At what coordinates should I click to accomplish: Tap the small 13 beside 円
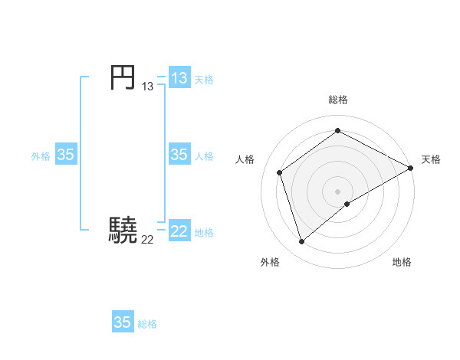tap(147, 87)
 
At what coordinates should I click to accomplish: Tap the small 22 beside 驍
tap(147, 239)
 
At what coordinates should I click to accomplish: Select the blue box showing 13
tap(179, 78)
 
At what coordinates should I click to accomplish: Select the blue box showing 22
tap(179, 231)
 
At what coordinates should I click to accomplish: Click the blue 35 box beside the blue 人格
tap(179, 155)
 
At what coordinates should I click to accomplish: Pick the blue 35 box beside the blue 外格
tap(66, 155)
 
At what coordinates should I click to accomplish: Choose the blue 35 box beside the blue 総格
tap(123, 322)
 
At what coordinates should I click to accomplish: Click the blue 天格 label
tap(204, 80)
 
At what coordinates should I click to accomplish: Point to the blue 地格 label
tap(204, 233)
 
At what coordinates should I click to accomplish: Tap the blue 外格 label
tap(41, 156)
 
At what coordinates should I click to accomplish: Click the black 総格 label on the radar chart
tap(338, 100)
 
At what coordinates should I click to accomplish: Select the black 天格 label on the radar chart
tap(431, 159)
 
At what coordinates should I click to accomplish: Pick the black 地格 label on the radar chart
tap(402, 263)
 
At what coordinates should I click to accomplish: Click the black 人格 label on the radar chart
tap(245, 159)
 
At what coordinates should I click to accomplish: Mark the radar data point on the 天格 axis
tap(412, 168)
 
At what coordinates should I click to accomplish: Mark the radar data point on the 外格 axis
tap(301, 242)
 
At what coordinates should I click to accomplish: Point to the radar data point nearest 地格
tap(347, 204)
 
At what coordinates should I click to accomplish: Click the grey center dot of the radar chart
tap(338, 191)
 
